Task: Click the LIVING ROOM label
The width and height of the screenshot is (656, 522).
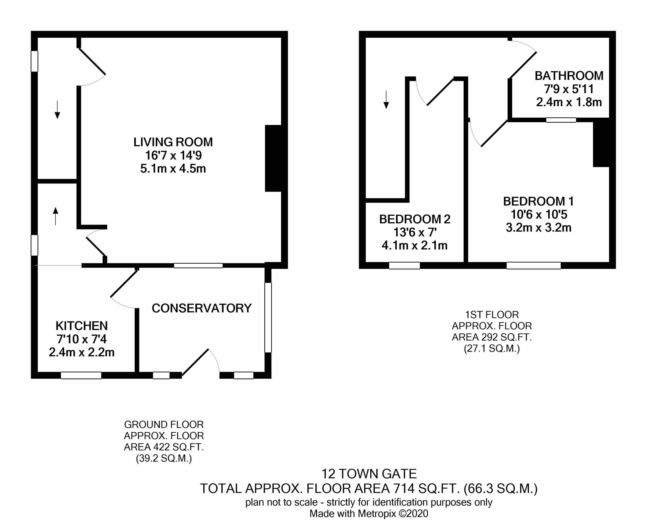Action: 173,142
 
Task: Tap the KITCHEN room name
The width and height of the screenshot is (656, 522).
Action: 82,326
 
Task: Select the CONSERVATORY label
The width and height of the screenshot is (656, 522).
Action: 202,308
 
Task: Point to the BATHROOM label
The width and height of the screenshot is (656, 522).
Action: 569,76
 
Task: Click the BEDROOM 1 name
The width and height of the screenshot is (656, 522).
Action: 538,201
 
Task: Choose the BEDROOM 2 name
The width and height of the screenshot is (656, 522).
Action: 415,219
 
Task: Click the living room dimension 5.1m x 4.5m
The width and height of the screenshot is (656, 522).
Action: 173,168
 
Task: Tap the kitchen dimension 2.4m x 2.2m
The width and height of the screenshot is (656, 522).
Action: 82,352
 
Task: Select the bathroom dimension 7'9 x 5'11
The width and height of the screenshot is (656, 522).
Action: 569,89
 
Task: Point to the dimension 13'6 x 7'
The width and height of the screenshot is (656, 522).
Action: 415,233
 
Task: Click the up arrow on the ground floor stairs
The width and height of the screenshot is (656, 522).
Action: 55,216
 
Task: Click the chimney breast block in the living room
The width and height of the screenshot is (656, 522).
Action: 273,158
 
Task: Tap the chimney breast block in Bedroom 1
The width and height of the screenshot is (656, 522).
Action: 601,143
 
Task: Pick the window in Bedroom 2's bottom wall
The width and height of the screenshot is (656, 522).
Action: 404,265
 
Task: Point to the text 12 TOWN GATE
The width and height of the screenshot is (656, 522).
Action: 369,474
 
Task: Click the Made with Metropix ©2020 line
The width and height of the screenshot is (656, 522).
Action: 369,514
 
